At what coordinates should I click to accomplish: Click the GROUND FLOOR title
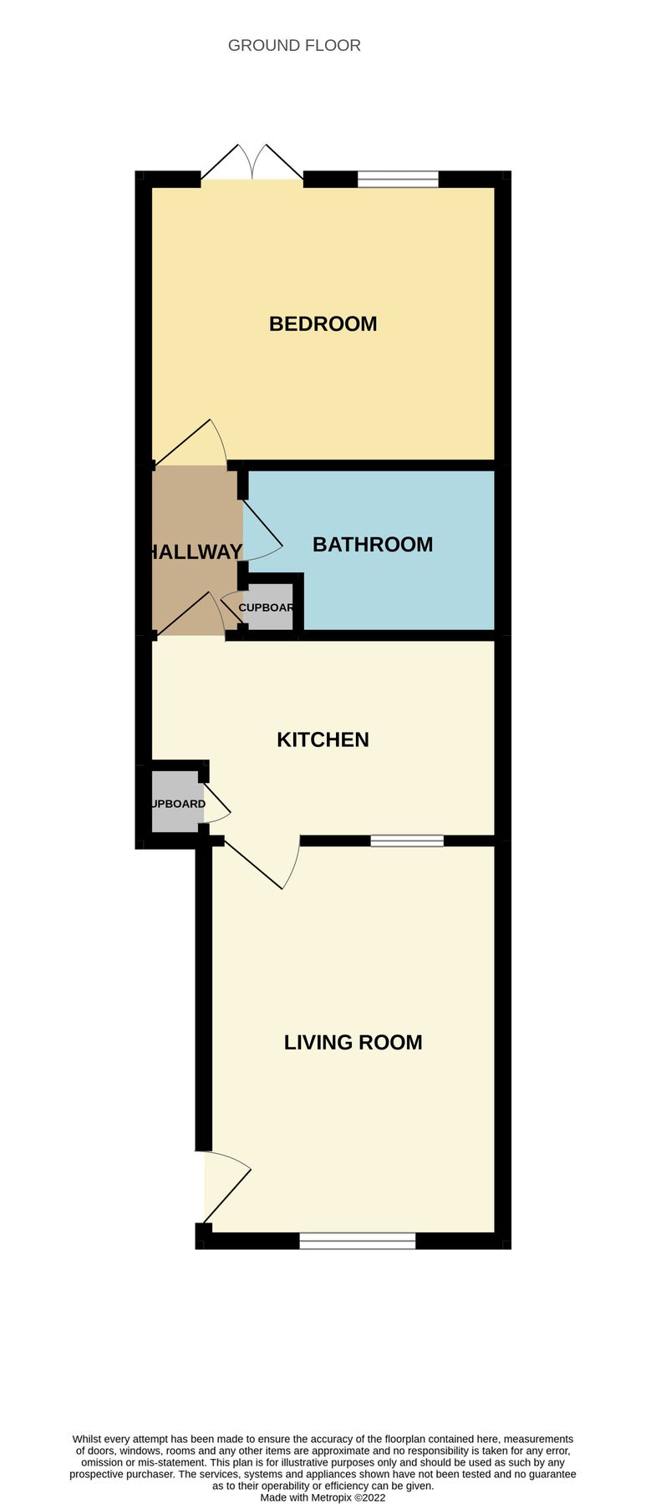click(294, 45)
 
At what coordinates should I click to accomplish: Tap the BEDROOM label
click(323, 323)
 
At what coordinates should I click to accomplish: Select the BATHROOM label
click(372, 544)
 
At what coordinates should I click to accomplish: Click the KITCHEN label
click(323, 739)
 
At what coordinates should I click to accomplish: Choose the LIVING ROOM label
click(353, 1042)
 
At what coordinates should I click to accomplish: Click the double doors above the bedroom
click(252, 163)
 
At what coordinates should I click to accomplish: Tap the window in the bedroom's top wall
click(398, 179)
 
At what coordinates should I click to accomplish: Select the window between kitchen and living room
click(407, 841)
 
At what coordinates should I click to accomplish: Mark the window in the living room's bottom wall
click(357, 1242)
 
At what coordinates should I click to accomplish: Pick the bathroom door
click(262, 531)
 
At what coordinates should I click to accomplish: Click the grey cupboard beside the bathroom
click(267, 607)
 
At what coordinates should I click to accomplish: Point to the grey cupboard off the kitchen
click(176, 804)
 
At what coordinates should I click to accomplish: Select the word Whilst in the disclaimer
click(91, 1439)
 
